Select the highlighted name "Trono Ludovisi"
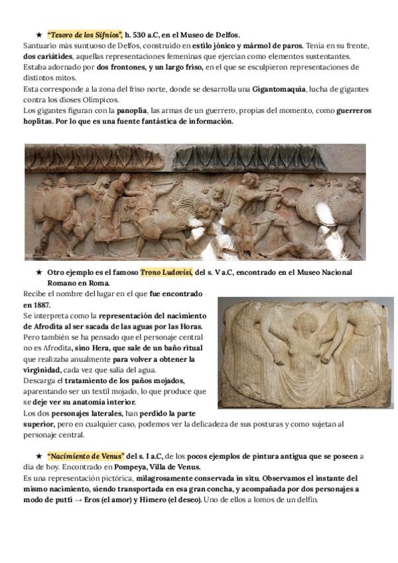(x=166, y=272)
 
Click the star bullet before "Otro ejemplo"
(x=39, y=273)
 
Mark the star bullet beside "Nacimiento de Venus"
(x=39, y=457)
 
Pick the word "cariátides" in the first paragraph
(x=42, y=56)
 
